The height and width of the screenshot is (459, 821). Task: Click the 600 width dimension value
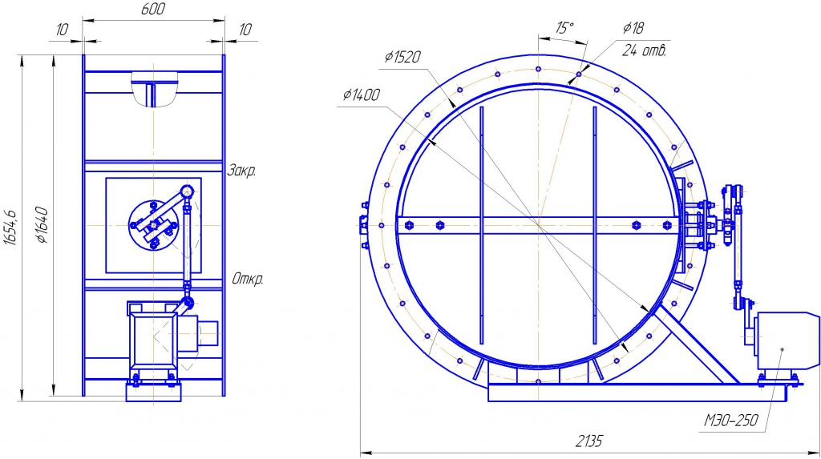point(153,9)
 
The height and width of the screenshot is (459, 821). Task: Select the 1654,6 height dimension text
point(10,228)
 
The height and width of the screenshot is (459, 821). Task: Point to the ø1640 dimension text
point(42,225)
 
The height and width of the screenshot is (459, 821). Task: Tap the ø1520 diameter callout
point(402,57)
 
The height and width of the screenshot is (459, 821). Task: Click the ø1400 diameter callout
point(362,95)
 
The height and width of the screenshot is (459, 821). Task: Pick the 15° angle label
point(564,28)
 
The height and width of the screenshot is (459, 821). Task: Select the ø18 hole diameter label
point(633,28)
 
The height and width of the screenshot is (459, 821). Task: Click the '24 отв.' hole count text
point(644,50)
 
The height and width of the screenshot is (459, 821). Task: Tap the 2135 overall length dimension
point(589,441)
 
